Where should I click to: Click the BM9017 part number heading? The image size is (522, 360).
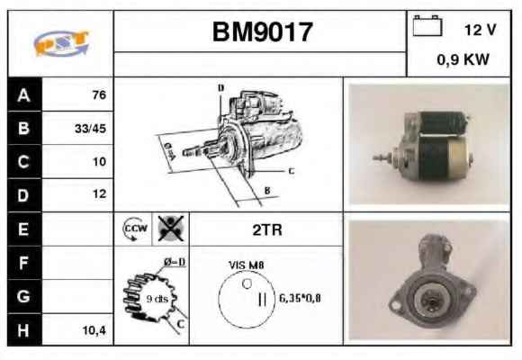pyautogui.click(x=262, y=32)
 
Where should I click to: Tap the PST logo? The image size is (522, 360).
pyautogui.click(x=61, y=43)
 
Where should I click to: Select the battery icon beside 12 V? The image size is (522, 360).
pyautogui.click(x=427, y=25)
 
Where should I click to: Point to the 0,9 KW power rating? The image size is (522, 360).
pyautogui.click(x=463, y=59)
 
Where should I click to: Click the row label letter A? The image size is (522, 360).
pyautogui.click(x=23, y=95)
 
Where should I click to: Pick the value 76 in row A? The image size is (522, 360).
pyautogui.click(x=99, y=94)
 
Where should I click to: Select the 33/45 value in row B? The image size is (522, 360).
pyautogui.click(x=90, y=129)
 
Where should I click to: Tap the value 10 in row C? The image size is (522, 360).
pyautogui.click(x=99, y=161)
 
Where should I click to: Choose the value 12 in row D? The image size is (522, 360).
pyautogui.click(x=99, y=193)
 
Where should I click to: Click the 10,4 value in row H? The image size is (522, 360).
pyautogui.click(x=94, y=330)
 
